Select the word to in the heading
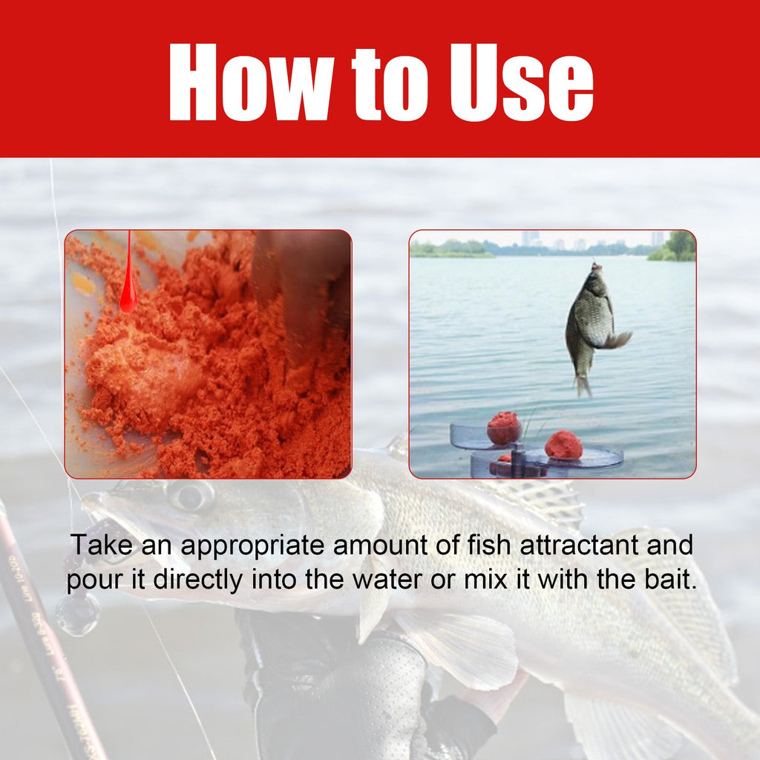coord(381,83)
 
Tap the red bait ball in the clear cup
coord(504,429)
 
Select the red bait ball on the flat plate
coord(563,445)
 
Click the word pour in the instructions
coord(92,580)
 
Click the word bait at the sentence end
coord(671,580)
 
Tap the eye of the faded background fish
coord(191,495)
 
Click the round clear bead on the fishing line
coord(77,613)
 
